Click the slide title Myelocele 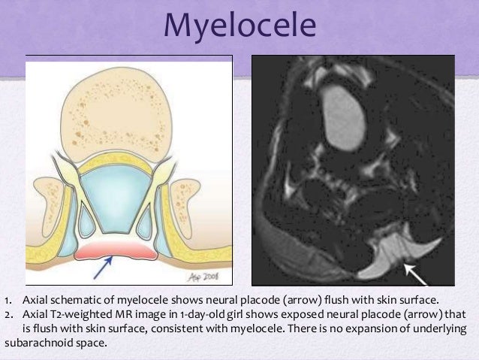point(239,27)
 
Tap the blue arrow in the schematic point(104,265)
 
